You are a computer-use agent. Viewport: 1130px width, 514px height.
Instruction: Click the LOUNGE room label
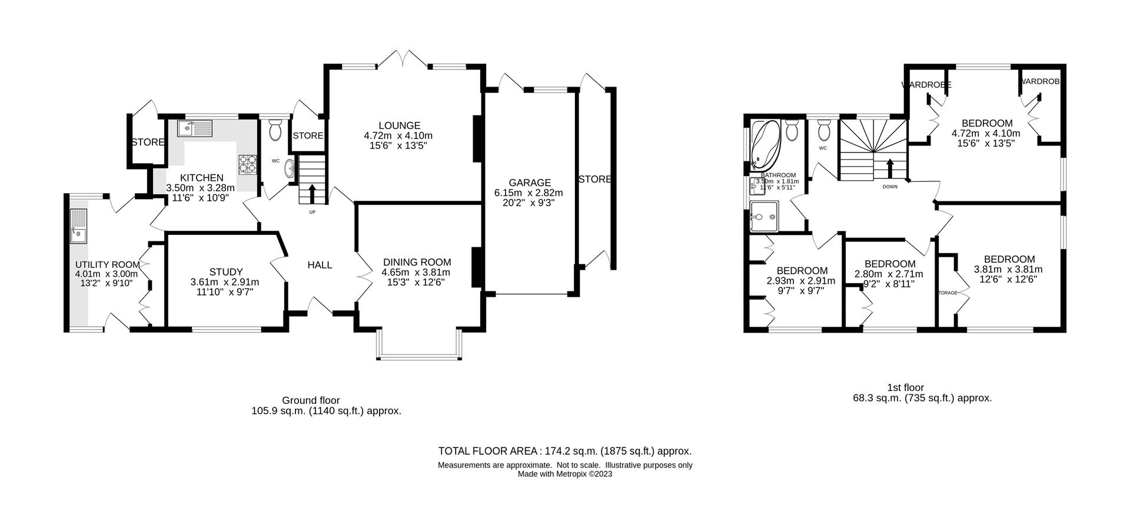pos(399,125)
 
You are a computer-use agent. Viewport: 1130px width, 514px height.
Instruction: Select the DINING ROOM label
pos(417,262)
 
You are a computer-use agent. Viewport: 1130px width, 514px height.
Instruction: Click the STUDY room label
pos(225,272)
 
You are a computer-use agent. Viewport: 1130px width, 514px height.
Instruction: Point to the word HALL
pos(320,265)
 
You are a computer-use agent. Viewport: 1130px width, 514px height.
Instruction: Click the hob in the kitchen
pos(247,164)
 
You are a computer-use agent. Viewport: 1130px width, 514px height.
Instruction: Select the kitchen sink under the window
pos(195,127)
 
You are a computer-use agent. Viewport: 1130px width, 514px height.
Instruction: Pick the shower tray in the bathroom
pos(766,215)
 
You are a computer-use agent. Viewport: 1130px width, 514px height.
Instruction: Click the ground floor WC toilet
pos(275,131)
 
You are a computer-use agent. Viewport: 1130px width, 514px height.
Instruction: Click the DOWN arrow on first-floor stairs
pos(889,168)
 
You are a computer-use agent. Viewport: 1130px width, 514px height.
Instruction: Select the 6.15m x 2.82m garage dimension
pos(529,193)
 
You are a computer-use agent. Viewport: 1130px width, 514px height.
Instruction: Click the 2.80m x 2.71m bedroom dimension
pos(889,274)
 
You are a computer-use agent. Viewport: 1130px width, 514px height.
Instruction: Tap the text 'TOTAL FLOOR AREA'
pos(488,451)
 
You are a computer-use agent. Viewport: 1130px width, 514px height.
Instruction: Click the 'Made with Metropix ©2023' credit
pos(564,473)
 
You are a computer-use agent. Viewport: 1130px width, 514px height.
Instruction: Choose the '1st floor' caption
pos(905,387)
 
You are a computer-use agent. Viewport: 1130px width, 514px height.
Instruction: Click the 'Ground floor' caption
pos(310,400)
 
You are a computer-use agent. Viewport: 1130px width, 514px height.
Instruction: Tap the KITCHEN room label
pos(201,178)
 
